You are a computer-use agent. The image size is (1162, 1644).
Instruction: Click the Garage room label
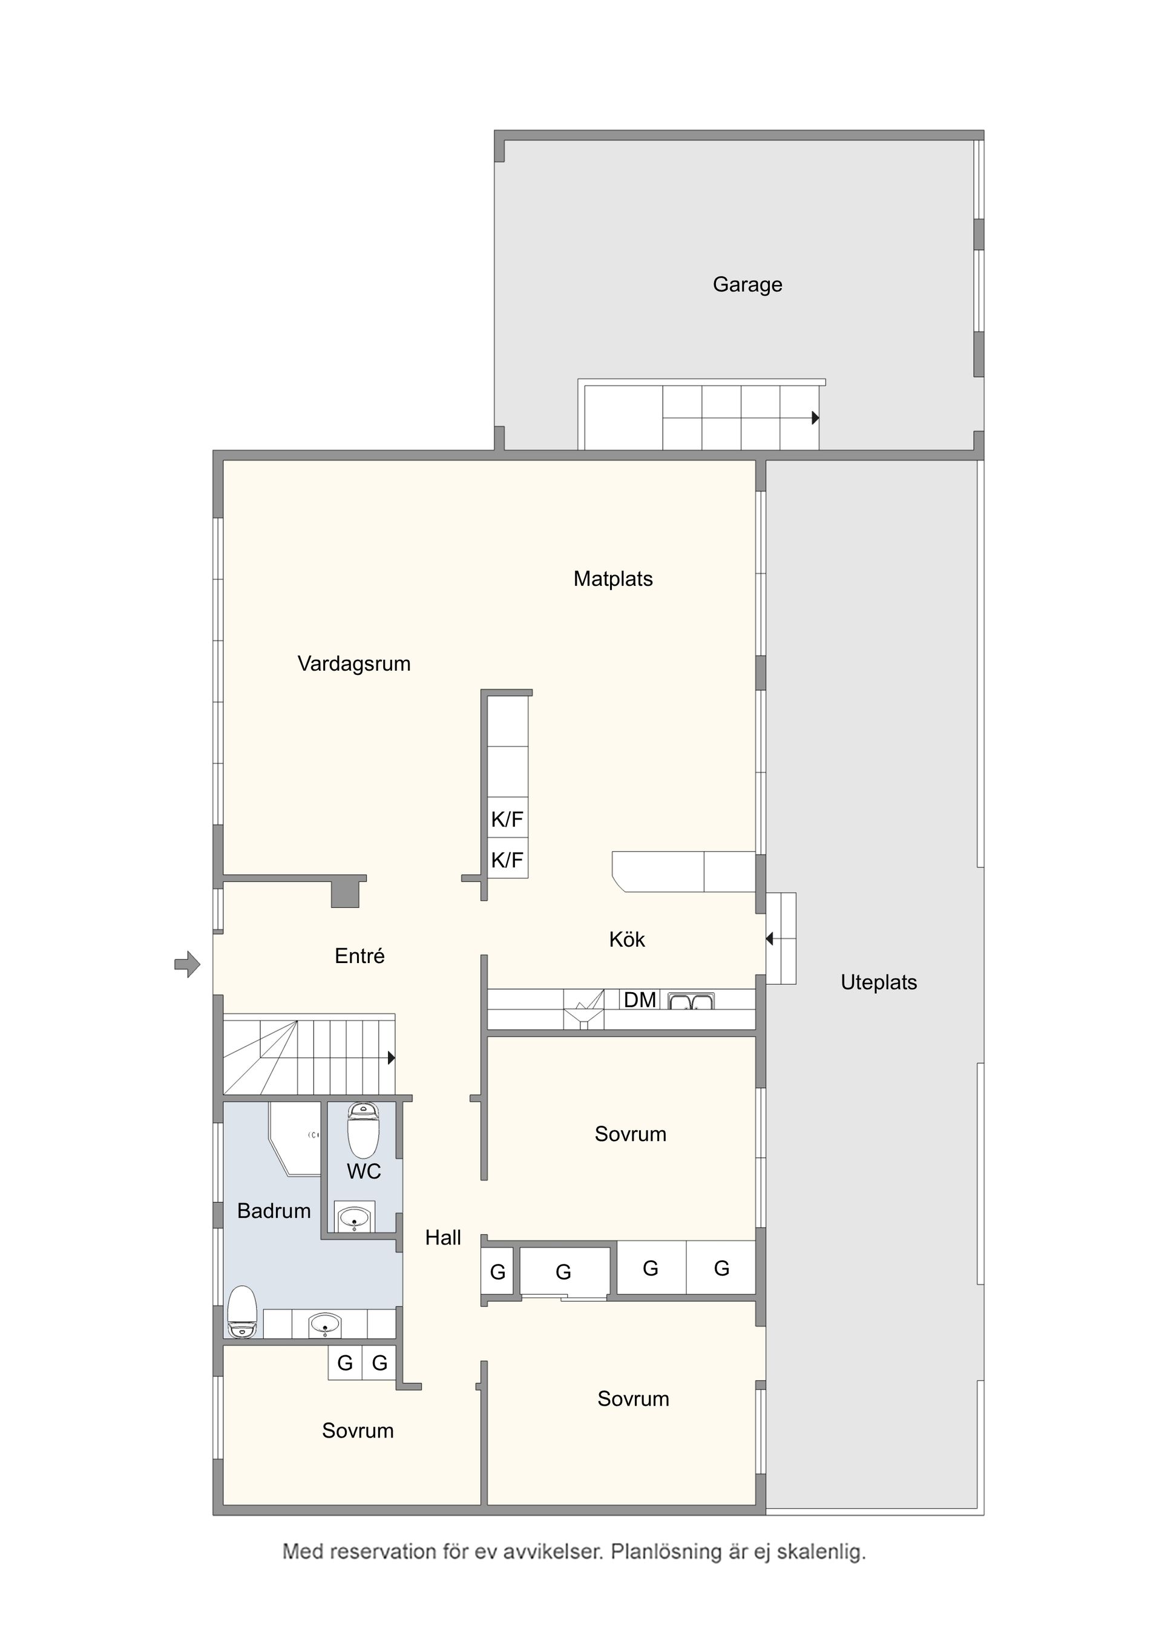click(747, 285)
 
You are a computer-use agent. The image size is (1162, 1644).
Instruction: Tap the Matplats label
click(613, 579)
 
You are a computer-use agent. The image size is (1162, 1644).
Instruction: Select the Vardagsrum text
click(353, 664)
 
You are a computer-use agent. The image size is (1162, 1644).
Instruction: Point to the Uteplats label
click(879, 982)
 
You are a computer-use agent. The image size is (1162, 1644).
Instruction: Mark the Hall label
click(442, 1237)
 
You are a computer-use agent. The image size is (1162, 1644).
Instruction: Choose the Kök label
click(626, 939)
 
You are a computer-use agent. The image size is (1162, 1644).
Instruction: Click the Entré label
click(359, 956)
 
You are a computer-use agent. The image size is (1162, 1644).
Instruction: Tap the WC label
click(364, 1171)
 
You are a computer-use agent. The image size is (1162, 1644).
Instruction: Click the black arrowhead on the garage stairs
click(815, 418)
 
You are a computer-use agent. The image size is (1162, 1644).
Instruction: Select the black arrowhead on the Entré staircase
click(391, 1057)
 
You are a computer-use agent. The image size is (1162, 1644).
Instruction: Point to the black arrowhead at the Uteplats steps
click(770, 938)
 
